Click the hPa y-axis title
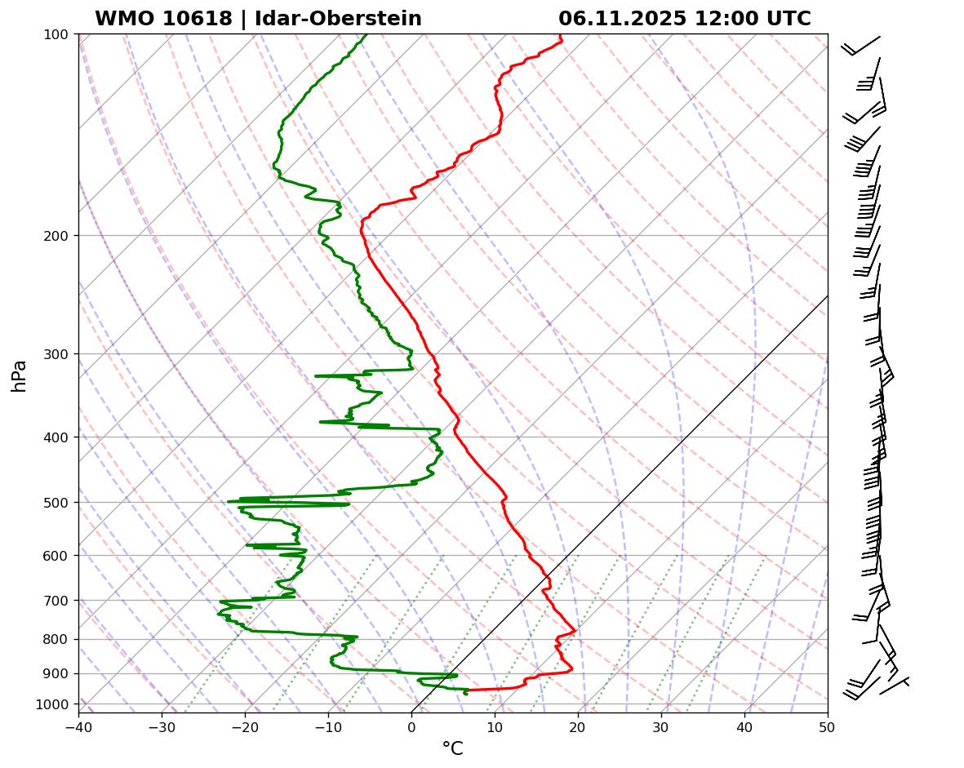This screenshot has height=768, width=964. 20,375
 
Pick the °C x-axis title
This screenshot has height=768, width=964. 452,748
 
